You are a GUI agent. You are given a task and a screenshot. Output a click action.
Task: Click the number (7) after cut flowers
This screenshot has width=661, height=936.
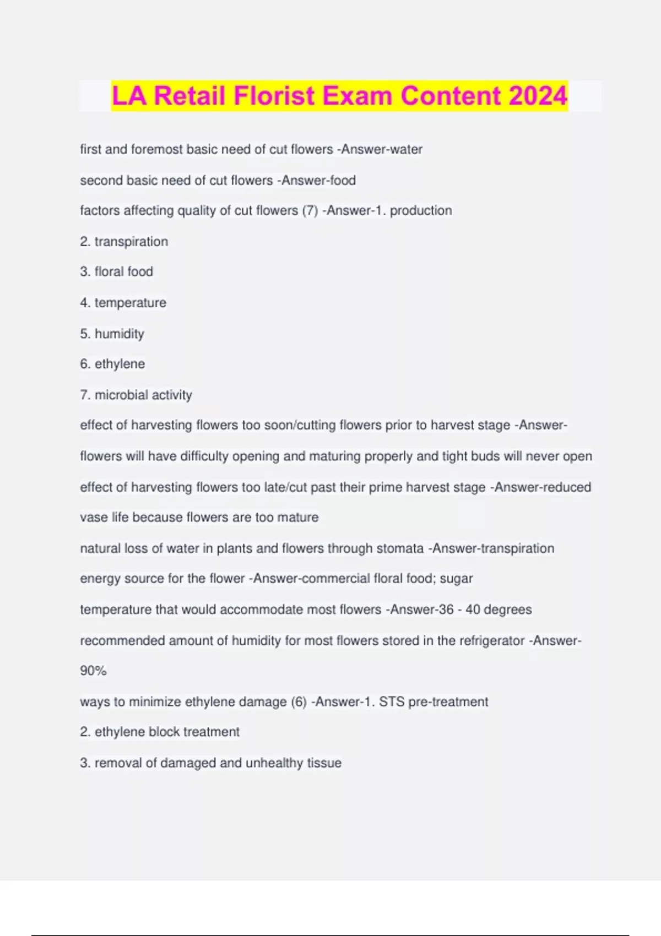[310, 210]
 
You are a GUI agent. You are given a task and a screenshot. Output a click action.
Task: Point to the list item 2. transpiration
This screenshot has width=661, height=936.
[124, 241]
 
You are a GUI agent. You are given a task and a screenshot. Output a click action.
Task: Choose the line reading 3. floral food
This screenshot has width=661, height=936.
[116, 271]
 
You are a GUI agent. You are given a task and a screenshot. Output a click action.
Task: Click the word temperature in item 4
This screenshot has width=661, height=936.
[130, 302]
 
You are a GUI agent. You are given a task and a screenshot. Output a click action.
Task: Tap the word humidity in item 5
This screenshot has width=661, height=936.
[119, 334]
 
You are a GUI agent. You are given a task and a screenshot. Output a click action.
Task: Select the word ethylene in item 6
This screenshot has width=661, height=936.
[120, 364]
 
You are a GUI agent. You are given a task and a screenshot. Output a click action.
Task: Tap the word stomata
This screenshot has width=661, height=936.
[400, 548]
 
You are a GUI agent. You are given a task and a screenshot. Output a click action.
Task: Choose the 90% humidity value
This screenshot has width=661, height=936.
[93, 671]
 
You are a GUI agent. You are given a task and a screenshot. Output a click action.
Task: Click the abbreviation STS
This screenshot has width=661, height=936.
[392, 702]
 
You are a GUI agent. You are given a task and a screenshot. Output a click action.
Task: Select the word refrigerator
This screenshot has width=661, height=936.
[492, 640]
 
